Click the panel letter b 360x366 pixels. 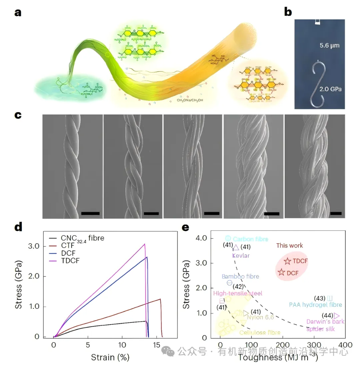[288, 12]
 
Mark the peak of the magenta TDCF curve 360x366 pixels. [145, 244]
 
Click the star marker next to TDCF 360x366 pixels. [287, 261]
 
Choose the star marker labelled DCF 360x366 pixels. [282, 272]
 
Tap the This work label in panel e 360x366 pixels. [290, 246]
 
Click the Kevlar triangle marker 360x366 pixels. [236, 248]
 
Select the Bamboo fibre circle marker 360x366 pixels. [230, 283]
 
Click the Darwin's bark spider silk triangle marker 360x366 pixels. [337, 315]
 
